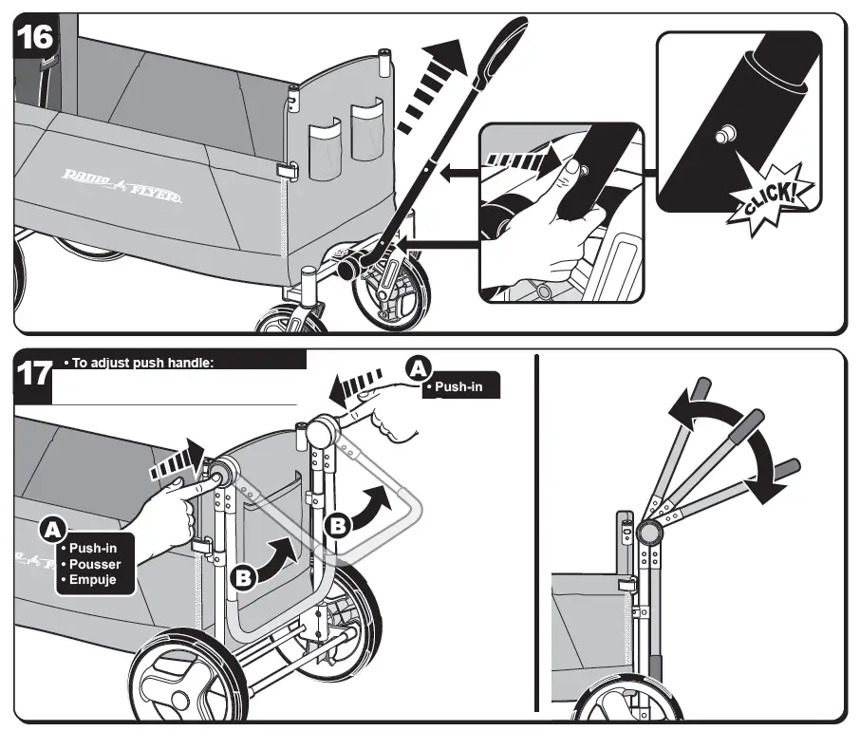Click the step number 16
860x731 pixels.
pyautogui.click(x=35, y=38)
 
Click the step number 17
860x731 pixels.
pyautogui.click(x=35, y=373)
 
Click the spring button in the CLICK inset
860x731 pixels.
pyautogui.click(x=726, y=136)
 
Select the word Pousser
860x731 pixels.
pyautogui.click(x=95, y=564)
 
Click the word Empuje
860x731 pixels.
pyautogui.click(x=92, y=580)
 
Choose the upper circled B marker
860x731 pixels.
pyautogui.click(x=340, y=524)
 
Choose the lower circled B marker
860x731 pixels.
pyautogui.click(x=243, y=576)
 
